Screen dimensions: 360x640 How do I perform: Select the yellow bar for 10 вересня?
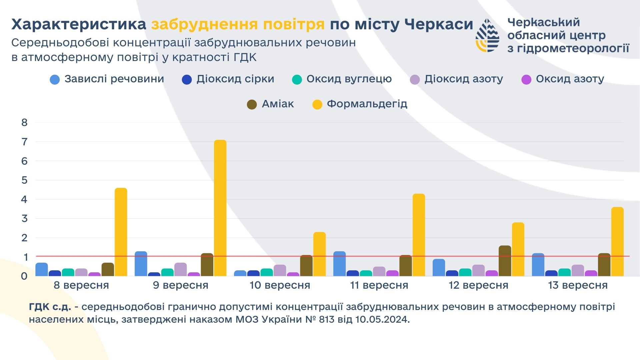319,254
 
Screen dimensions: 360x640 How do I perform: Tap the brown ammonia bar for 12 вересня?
505,261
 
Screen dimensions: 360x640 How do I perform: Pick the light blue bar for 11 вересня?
339,264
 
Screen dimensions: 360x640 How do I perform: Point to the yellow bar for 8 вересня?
121,232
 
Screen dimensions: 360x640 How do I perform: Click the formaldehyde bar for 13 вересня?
617,241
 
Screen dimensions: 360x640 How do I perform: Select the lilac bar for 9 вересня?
180,269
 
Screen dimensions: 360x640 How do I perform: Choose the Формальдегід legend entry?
367,104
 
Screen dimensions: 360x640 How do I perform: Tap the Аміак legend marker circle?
252,104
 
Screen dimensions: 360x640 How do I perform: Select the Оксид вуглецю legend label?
349,79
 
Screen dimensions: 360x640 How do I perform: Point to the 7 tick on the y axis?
24,142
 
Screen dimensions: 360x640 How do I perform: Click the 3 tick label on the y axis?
24,219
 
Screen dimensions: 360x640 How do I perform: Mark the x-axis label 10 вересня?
280,285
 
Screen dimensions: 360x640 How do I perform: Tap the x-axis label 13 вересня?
578,285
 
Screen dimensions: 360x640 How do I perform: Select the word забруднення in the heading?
204,24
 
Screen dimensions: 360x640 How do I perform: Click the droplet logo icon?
487,35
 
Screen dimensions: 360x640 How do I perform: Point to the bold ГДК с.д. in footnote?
50,307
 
